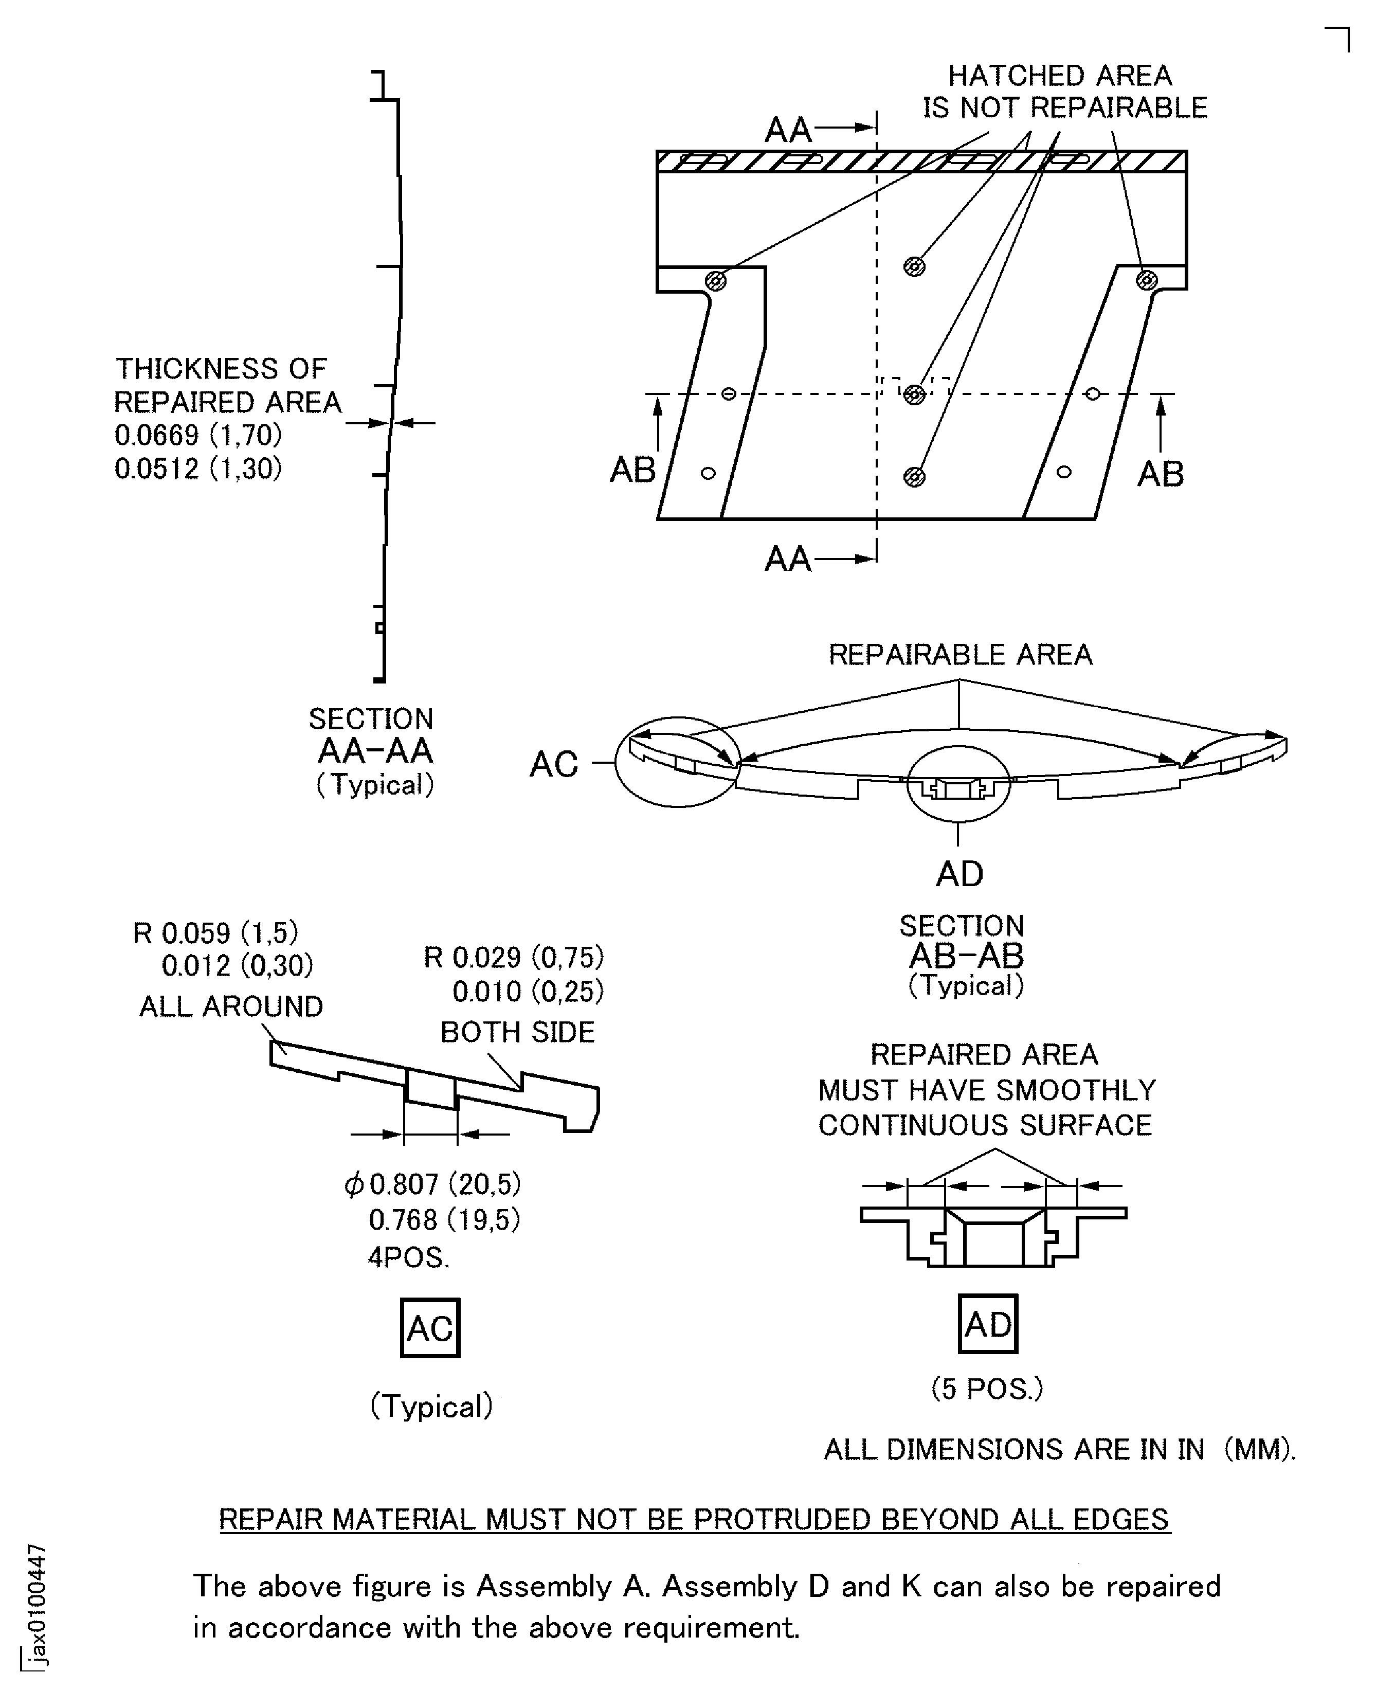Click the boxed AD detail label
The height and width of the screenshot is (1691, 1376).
[x=988, y=1323]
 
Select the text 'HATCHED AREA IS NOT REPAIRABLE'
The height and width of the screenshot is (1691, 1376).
[x=1064, y=91]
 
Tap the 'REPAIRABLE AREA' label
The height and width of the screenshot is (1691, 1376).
[x=960, y=654]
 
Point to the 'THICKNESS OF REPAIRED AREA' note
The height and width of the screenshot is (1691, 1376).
[x=227, y=385]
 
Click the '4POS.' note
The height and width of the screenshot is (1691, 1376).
[x=408, y=1257]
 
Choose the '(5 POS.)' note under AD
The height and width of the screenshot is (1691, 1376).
[x=987, y=1388]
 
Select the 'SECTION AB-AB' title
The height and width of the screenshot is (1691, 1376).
[x=965, y=941]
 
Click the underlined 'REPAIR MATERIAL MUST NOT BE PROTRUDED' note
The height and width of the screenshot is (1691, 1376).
[x=694, y=1519]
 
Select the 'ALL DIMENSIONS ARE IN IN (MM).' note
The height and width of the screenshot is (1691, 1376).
[x=1060, y=1449]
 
